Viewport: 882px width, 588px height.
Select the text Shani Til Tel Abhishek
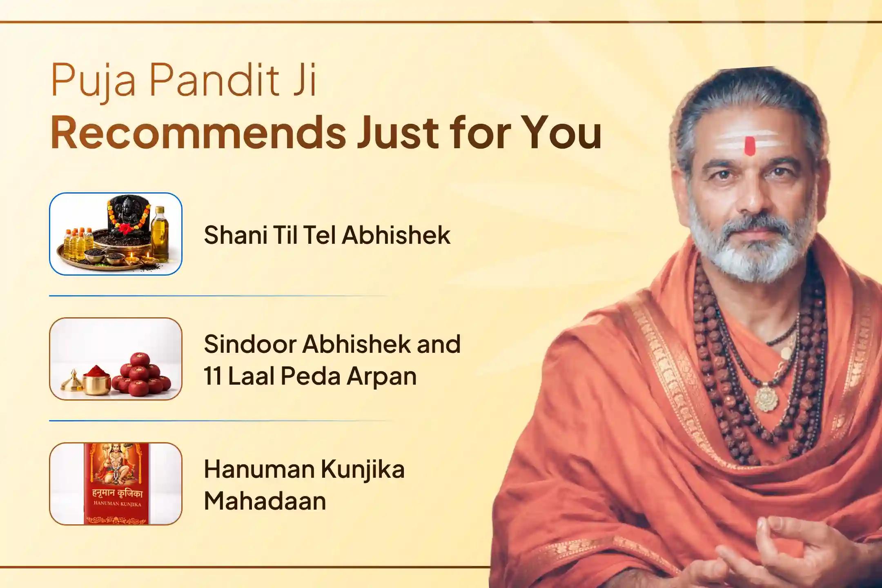click(327, 235)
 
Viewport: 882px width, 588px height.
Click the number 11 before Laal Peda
click(212, 376)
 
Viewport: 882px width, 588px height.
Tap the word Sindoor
click(249, 344)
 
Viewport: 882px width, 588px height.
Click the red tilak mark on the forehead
click(750, 146)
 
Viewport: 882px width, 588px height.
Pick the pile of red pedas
click(141, 376)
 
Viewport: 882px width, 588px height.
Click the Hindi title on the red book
click(117, 493)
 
